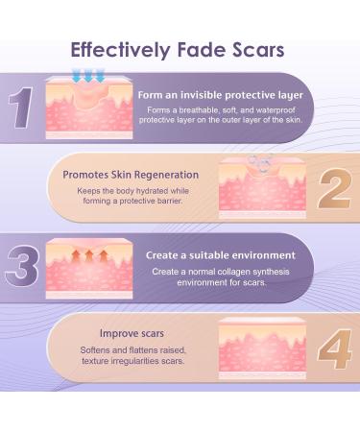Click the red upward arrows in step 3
tap(82, 252)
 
